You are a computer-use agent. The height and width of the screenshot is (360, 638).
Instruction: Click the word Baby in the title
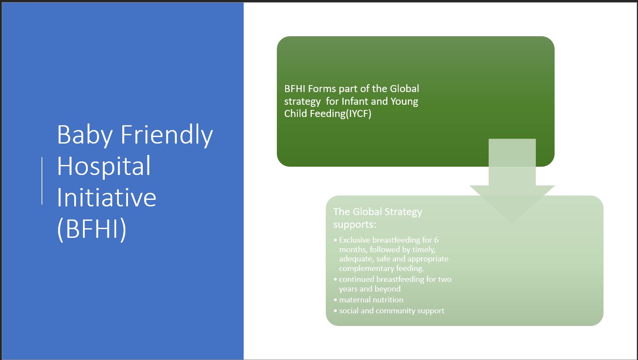85,135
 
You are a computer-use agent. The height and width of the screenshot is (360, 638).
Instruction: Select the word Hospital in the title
103,166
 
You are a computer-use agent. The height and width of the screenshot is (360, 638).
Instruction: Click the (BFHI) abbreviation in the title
92,229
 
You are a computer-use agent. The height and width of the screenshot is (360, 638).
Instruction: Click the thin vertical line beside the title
42,181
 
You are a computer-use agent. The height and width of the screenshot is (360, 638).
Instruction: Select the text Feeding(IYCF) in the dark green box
340,114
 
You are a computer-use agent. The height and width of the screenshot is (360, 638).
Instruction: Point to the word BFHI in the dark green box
294,89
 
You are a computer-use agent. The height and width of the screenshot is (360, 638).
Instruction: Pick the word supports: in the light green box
355,225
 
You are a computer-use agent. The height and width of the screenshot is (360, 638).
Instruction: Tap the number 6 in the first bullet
436,240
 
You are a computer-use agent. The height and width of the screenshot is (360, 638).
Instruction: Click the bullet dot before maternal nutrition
335,300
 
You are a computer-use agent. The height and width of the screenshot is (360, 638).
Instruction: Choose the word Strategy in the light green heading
403,213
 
